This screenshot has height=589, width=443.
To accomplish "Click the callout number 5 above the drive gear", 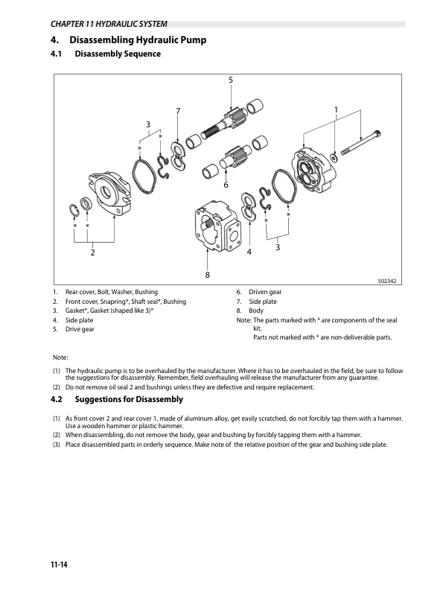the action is [230, 80].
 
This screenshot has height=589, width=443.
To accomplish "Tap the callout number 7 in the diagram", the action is [178, 111].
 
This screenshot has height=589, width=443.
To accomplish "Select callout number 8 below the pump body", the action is [207, 275].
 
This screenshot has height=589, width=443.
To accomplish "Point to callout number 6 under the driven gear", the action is [226, 185].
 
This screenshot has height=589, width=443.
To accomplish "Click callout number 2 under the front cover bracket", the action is [92, 252].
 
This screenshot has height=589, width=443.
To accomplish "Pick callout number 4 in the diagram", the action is [249, 252].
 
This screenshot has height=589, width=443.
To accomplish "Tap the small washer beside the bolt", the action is [334, 157].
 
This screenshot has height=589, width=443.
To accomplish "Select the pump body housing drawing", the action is [217, 226].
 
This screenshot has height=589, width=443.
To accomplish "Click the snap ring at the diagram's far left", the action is [74, 210].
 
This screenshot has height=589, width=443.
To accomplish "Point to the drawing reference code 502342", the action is [387, 281].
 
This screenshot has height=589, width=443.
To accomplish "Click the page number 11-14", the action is [59, 564].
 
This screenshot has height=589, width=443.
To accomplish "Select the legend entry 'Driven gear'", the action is [265, 292].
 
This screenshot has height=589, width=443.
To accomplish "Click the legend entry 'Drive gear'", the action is [80, 329].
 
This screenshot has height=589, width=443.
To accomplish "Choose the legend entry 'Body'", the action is [256, 311].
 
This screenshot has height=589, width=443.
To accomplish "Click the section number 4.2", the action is [57, 399].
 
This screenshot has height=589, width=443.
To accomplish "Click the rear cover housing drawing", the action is [313, 170].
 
